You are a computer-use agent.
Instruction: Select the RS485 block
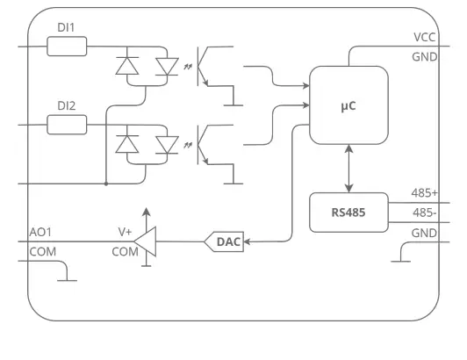pos(348,212)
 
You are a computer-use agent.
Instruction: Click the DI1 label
pos(66,27)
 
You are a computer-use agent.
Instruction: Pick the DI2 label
pos(66,105)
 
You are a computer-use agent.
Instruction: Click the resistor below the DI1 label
pos(66,46)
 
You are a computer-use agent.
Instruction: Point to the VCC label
pos(425,38)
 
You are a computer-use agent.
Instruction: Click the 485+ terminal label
pos(425,193)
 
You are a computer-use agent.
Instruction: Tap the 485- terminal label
pos(425,212)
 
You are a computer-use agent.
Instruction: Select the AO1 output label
pos(41,232)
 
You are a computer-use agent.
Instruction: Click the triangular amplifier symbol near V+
pos(146,241)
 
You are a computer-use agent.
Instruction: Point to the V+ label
pos(125,232)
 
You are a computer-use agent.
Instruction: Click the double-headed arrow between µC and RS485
pos(349,169)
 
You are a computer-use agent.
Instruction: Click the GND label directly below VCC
pos(425,57)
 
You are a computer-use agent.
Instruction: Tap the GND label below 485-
pos(425,233)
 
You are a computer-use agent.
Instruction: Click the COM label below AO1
pos(42,251)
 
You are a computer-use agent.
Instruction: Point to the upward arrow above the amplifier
pos(147,216)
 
